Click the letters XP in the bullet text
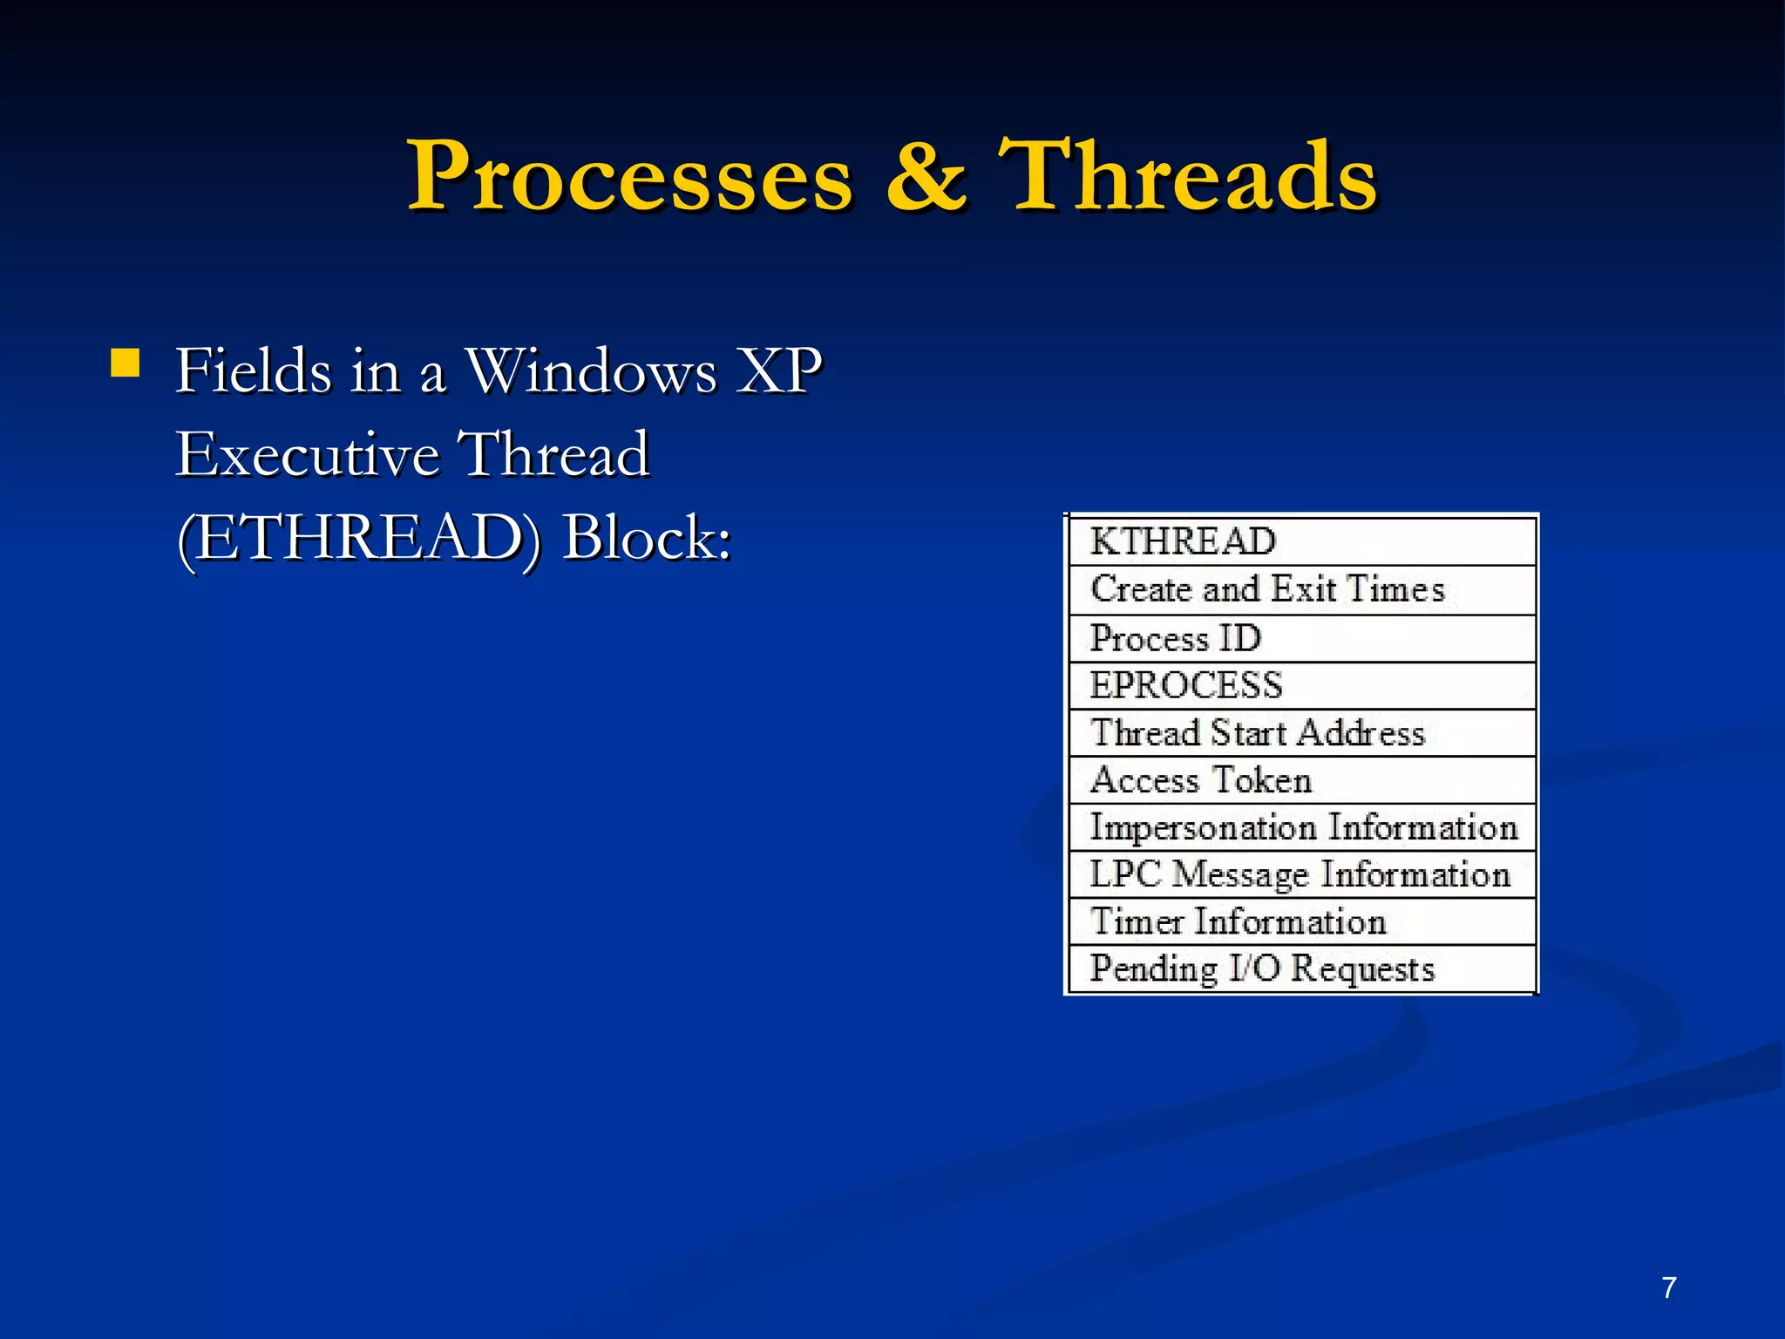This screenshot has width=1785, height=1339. pyautogui.click(x=778, y=371)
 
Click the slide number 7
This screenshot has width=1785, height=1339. pyautogui.click(x=1668, y=1288)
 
